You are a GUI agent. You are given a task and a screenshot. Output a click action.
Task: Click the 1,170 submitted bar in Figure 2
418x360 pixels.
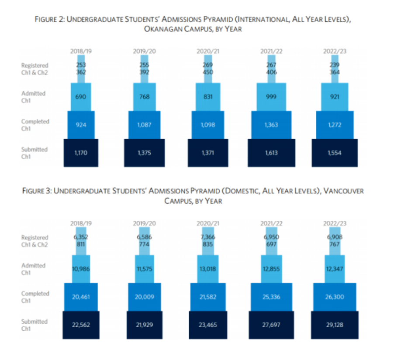[81, 153]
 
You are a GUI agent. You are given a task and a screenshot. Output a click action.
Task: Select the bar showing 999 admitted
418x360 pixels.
[272, 97]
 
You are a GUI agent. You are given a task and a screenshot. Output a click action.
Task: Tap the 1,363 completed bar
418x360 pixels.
[272, 125]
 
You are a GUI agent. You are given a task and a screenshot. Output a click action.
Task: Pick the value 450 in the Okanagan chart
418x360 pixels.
[207, 72]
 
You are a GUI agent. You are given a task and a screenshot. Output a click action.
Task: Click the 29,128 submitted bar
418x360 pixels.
[335, 325]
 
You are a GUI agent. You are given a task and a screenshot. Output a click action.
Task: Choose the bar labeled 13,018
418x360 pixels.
[207, 269]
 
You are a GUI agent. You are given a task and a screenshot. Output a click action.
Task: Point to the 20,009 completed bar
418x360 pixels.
[145, 297]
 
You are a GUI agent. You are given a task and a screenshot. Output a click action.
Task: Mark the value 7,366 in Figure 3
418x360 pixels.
[207, 237]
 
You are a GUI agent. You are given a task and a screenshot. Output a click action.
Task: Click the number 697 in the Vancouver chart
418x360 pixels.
[272, 244]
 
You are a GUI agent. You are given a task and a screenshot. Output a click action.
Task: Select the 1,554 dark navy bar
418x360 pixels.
[335, 153]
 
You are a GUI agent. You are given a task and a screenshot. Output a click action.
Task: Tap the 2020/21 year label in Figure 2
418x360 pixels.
[207, 51]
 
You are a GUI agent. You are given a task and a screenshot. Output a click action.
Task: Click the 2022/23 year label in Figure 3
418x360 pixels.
[335, 223]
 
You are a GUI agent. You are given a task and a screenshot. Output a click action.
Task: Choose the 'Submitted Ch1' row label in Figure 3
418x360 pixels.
[34, 324]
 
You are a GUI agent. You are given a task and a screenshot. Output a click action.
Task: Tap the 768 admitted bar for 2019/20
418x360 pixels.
[145, 97]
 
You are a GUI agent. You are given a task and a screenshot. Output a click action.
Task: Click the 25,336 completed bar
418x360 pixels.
[272, 297]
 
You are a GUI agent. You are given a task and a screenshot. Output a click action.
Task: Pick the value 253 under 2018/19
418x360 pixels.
[81, 65]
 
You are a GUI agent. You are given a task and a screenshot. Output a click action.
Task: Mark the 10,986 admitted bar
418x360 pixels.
[81, 269]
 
